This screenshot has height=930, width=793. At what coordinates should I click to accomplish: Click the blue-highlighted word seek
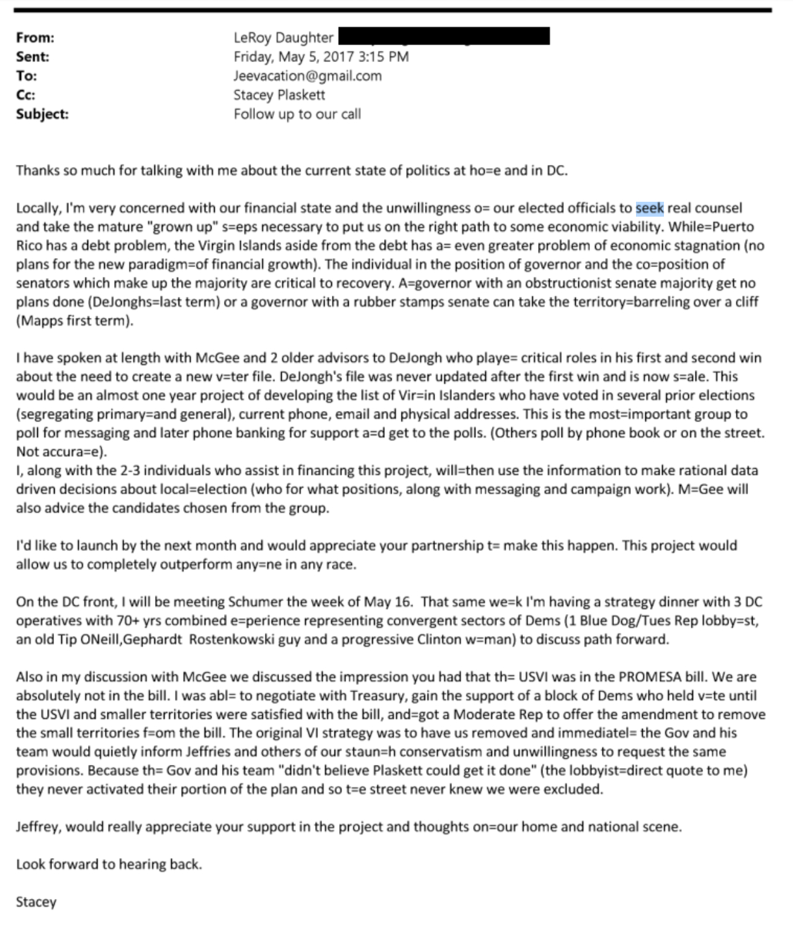[649, 208]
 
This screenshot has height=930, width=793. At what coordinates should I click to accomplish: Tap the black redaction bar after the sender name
[444, 37]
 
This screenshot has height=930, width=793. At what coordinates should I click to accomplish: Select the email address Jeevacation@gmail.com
[307, 76]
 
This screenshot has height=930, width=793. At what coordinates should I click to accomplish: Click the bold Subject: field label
[42, 114]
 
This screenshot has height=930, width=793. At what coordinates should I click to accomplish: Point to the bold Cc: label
[25, 95]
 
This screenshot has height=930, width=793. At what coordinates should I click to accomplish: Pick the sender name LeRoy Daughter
[284, 38]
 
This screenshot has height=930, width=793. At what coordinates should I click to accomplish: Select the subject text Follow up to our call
[297, 114]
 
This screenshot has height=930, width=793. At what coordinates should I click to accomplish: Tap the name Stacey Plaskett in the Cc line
[279, 95]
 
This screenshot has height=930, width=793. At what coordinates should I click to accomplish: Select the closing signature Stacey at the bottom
[36, 902]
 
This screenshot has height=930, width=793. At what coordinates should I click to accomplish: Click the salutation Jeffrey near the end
[38, 827]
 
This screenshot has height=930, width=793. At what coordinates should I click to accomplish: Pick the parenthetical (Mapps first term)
[74, 321]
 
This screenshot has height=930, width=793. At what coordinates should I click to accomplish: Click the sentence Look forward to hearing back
[109, 864]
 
